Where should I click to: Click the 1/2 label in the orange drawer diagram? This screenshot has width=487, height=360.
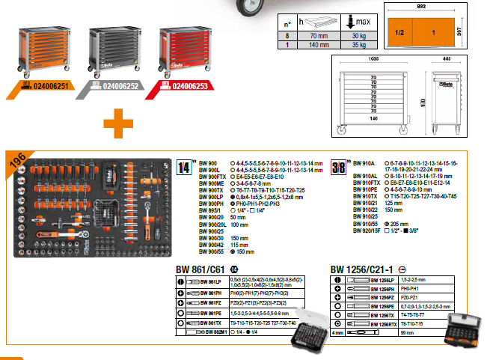pyautogui.click(x=399, y=34)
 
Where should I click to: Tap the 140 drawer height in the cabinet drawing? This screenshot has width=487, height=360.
pyautogui.click(x=373, y=118)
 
